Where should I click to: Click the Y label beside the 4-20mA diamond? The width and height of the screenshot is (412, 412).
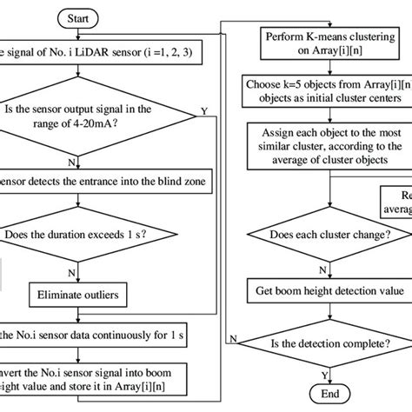click(203, 110)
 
